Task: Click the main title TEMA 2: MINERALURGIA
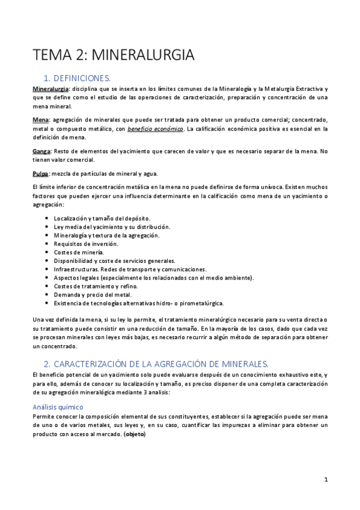(x=114, y=55)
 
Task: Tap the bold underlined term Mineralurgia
(x=50, y=89)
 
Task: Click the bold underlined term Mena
(x=40, y=120)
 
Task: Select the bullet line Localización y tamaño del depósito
(x=102, y=218)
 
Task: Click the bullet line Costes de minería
(x=79, y=252)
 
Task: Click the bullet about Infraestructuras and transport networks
(x=130, y=269)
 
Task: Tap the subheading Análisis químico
(x=58, y=407)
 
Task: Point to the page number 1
(x=326, y=479)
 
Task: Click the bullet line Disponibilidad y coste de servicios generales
(x=114, y=260)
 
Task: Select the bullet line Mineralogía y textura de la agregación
(x=106, y=235)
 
